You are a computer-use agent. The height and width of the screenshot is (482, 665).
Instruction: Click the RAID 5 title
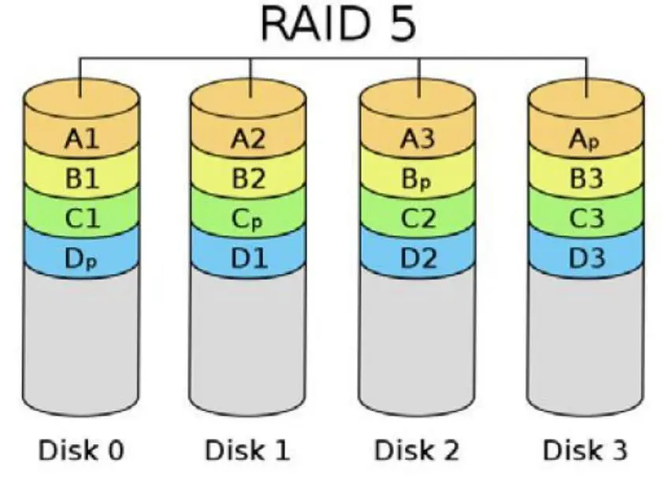[338, 27]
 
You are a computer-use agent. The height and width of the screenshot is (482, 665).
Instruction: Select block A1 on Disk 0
[82, 140]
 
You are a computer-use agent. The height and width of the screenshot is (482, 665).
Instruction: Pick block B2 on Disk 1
[249, 178]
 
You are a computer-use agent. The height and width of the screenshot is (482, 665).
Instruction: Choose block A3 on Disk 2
[418, 140]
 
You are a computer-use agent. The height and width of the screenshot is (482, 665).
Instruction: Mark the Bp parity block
[418, 178]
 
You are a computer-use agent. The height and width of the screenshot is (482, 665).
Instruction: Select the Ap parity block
[585, 140]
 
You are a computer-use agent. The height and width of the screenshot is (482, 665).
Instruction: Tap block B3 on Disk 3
[585, 178]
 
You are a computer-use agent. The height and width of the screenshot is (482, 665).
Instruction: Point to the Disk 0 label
[81, 450]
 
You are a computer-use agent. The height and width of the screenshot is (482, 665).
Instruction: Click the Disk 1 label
[248, 450]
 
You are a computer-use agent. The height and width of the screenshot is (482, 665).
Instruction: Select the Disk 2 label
[417, 450]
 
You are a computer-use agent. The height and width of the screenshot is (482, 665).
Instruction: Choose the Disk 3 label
[585, 450]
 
